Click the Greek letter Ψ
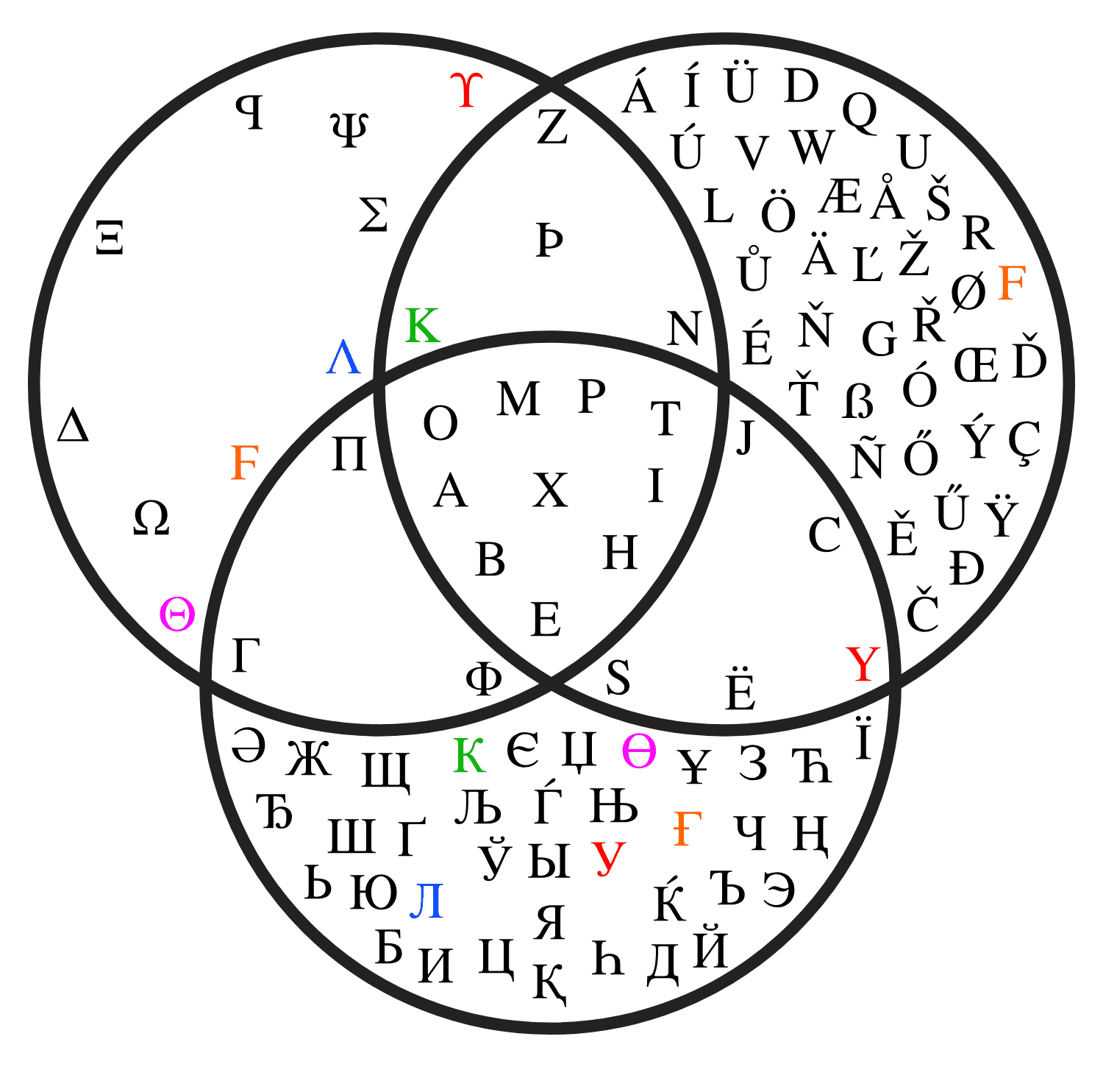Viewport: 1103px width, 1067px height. [x=349, y=130]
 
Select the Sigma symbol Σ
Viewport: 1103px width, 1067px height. [x=374, y=215]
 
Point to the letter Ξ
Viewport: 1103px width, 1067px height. [x=110, y=237]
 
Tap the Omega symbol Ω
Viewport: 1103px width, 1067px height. [x=151, y=518]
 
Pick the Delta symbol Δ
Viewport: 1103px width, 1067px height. [x=73, y=425]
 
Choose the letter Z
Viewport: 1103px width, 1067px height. [x=552, y=127]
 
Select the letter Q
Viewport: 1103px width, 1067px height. [x=860, y=112]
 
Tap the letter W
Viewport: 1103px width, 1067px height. [x=813, y=147]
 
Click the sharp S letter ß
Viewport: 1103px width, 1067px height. [x=858, y=401]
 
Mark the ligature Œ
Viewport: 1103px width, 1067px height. [x=977, y=364]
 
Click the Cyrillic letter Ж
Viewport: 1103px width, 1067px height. [x=309, y=759]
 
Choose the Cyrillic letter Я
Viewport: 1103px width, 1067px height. [x=550, y=922]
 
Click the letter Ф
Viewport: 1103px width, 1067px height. [x=484, y=678]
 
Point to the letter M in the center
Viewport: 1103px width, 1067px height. [x=518, y=399]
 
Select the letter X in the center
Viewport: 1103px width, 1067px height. [x=550, y=490]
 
